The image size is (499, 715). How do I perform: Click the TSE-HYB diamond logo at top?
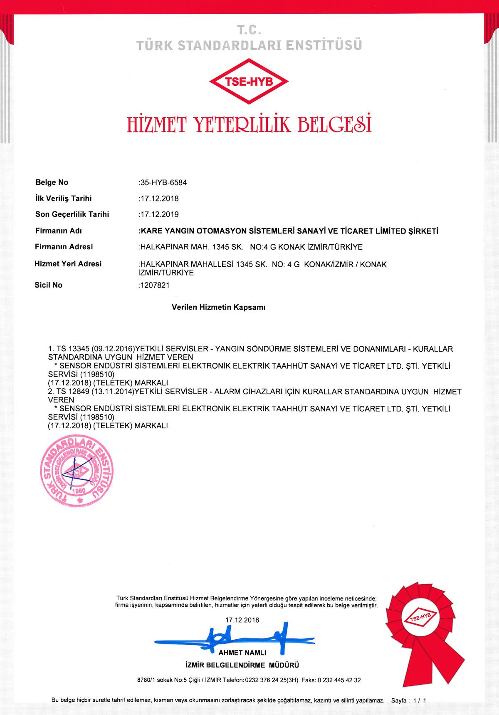click(249, 81)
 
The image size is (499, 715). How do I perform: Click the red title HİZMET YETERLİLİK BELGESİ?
click(249, 124)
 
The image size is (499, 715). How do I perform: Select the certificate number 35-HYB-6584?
click(163, 182)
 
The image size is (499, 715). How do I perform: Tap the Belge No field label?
click(52, 182)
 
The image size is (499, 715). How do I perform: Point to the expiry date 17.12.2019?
click(159, 214)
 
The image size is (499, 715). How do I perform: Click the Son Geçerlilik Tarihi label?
click(72, 214)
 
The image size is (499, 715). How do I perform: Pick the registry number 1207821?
click(155, 285)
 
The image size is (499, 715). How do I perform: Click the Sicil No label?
click(48, 285)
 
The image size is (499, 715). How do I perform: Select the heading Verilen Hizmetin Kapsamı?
click(218, 308)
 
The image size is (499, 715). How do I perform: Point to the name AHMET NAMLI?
click(242, 653)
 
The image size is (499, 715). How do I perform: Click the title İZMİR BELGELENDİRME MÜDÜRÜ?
click(242, 665)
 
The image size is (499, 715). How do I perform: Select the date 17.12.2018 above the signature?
click(242, 620)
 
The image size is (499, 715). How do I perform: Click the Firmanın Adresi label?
click(64, 247)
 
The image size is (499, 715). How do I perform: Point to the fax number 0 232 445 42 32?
click(339, 680)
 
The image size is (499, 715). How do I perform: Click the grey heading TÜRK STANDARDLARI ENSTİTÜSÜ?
click(249, 45)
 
